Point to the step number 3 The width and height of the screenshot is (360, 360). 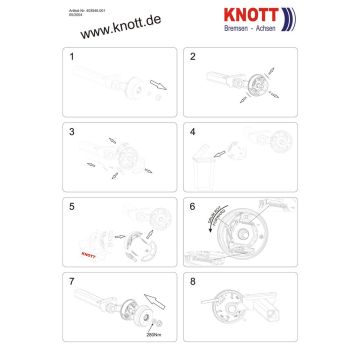72,131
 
